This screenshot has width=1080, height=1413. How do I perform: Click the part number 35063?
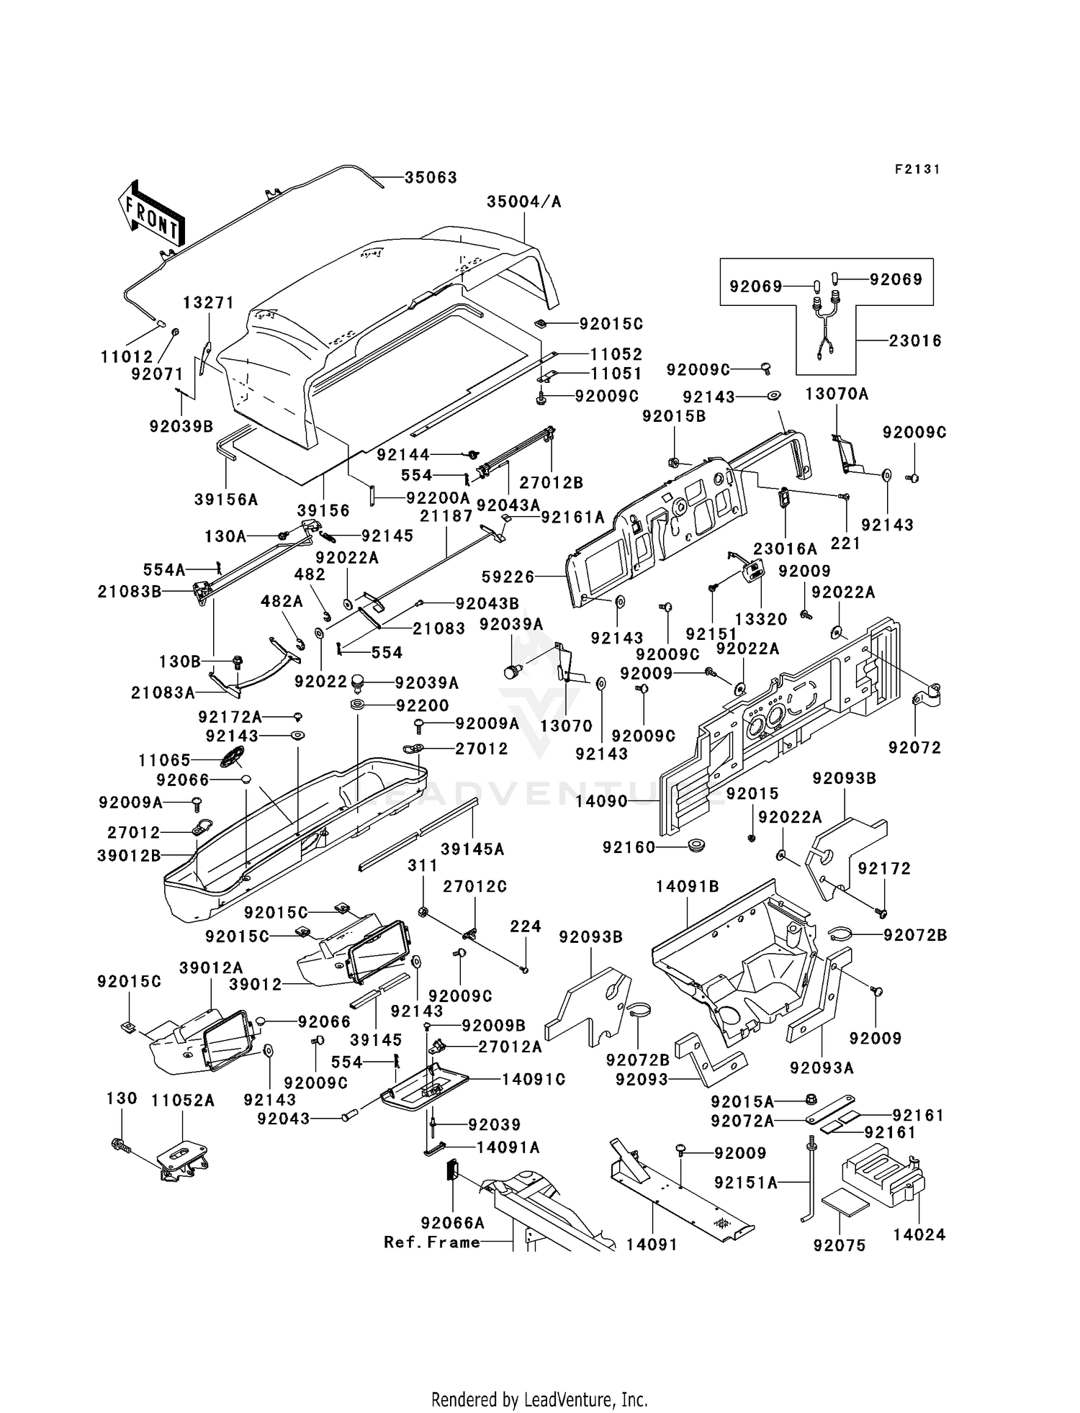[x=431, y=178]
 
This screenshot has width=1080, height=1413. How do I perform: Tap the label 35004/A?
[x=523, y=202]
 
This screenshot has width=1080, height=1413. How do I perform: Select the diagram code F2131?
[x=917, y=169]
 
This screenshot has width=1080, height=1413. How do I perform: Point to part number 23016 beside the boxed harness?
[x=914, y=340]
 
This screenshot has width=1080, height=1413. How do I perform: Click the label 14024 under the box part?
[x=919, y=1235]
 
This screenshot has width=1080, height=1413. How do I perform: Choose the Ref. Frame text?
[x=432, y=1242]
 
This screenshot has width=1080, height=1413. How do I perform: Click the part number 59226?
[x=508, y=577]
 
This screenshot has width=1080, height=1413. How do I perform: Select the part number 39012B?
[x=129, y=855]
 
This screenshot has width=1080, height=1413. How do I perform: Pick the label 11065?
[x=165, y=760]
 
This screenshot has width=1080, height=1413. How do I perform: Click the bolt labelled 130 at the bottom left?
[x=120, y=1143]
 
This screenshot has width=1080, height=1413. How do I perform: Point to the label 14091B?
[x=687, y=888]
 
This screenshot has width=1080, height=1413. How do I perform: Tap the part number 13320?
[x=761, y=618]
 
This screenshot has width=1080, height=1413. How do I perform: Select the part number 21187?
[x=446, y=516]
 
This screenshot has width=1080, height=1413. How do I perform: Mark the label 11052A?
[x=183, y=1101]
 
